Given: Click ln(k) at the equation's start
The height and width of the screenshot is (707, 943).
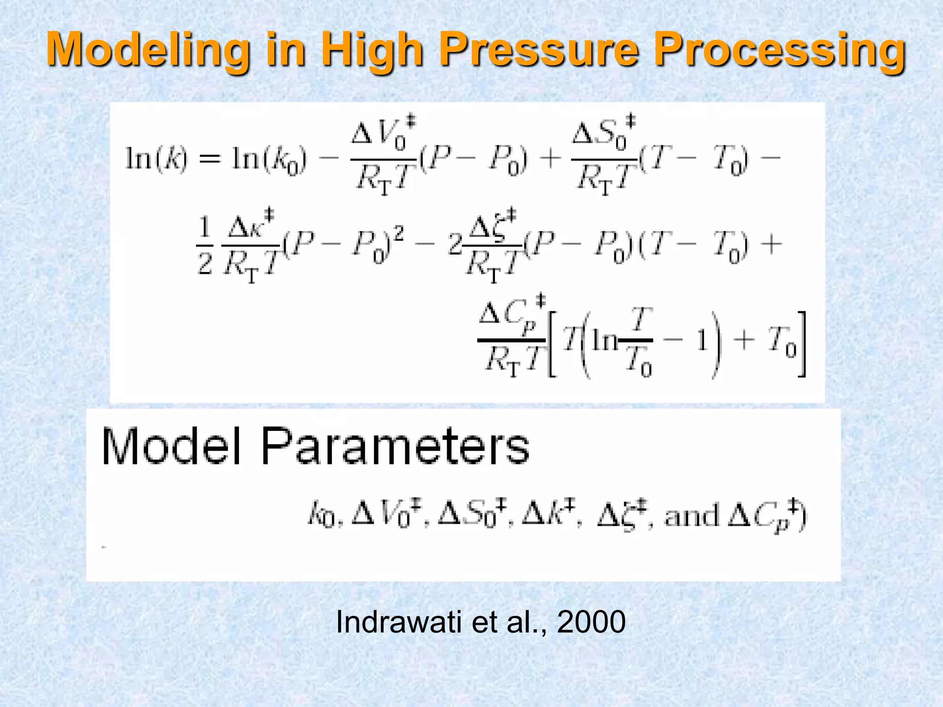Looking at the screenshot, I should (157, 159).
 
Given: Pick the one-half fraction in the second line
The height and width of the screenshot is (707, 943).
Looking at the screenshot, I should (204, 246).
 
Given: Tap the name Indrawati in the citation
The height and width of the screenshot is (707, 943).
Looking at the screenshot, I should (399, 622).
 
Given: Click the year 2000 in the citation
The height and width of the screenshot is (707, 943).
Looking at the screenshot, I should (591, 622).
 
